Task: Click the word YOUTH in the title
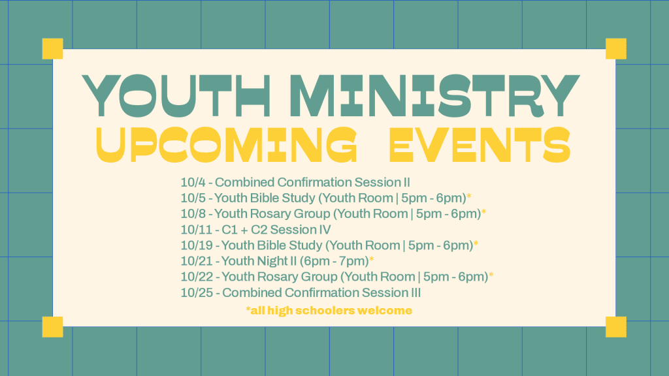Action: (176, 95)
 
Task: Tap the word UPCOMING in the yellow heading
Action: (226, 145)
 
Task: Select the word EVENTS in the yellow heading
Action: (480, 145)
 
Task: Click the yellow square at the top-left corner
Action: (52, 48)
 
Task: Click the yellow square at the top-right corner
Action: (616, 48)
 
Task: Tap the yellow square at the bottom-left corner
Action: (52, 327)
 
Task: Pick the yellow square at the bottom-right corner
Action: (616, 327)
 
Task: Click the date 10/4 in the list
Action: (193, 183)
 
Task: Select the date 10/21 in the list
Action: (196, 261)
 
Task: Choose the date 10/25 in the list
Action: (196, 293)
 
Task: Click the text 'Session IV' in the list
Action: (301, 230)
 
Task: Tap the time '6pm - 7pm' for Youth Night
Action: (334, 261)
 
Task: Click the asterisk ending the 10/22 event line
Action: (491, 275)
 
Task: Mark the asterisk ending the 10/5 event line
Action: (469, 196)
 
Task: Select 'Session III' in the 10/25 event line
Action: (391, 293)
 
